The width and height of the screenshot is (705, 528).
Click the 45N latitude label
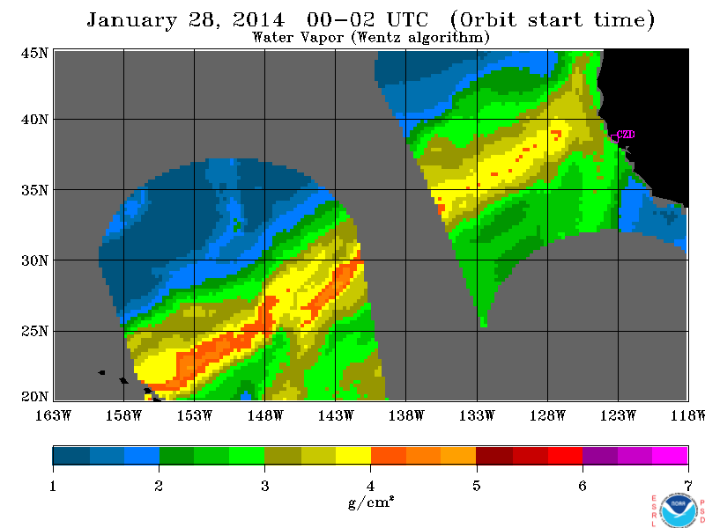34,53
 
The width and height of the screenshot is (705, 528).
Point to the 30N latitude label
34,260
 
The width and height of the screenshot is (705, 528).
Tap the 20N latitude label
34,397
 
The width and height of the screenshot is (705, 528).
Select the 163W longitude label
53,415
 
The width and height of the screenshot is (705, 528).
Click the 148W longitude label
265,415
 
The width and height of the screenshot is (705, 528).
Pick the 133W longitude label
477,415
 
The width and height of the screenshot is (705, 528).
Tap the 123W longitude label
618,415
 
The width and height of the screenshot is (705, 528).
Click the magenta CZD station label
626,135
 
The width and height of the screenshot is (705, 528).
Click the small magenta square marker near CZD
614,138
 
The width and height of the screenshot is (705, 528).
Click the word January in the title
131,20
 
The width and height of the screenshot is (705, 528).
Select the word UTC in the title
407,19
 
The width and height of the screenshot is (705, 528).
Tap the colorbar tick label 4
370,486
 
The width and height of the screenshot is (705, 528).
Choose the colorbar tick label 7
688,486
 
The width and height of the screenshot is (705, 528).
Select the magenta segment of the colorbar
670,455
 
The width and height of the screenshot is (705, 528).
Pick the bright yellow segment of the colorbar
353,455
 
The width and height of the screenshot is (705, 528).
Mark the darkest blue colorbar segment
71,455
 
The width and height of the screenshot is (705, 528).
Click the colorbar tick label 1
53,486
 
